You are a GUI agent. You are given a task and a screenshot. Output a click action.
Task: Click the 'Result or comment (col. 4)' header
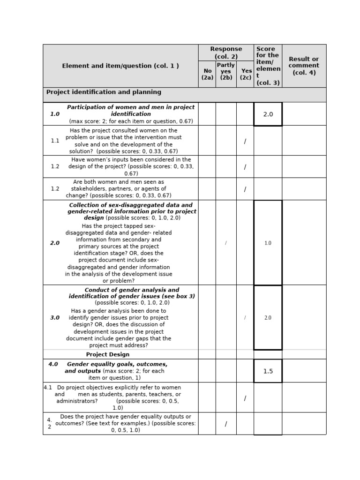tap(304, 66)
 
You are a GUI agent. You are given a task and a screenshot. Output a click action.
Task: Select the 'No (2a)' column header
tap(207, 74)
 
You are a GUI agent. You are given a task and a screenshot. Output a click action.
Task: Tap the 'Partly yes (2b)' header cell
tap(226, 71)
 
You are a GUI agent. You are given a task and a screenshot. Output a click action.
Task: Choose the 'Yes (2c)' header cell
tap(246, 74)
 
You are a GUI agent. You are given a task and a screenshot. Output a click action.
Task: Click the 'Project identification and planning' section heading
tap(104, 92)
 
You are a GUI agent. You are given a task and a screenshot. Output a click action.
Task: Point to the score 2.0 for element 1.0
tap(268, 114)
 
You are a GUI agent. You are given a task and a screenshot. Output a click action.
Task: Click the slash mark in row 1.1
tap(245, 141)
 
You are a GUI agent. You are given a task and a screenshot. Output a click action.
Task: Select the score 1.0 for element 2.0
tap(268, 243)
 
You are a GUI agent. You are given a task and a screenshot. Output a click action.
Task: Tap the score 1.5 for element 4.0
tap(268, 371)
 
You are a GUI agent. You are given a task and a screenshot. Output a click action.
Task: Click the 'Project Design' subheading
tap(107, 355)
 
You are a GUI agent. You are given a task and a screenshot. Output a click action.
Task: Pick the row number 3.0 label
tap(55, 318)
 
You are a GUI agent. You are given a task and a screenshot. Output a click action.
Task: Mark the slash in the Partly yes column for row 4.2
tap(226, 424)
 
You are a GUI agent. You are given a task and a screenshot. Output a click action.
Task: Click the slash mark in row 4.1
tap(245, 398)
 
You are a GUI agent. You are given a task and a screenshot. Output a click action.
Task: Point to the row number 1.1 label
tap(55, 141)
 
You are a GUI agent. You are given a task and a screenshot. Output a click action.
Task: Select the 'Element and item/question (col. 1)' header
tap(120, 66)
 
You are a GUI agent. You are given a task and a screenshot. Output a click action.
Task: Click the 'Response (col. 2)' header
tap(226, 52)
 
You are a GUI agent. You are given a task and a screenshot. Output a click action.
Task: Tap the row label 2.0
tap(55, 243)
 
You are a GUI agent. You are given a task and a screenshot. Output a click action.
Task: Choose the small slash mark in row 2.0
tap(226, 243)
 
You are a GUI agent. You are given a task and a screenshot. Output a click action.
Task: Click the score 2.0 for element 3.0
tap(268, 318)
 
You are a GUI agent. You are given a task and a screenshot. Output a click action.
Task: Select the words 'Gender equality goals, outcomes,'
tap(117, 364)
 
